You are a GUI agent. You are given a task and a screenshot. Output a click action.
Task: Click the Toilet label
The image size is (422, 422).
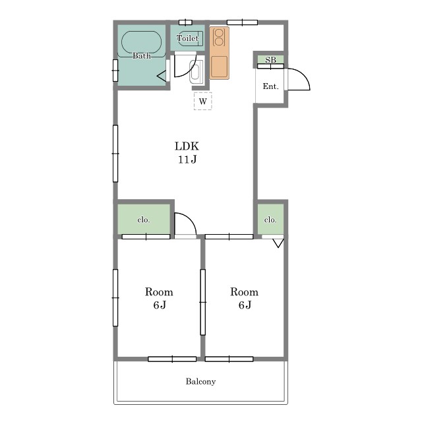click(x=187, y=38)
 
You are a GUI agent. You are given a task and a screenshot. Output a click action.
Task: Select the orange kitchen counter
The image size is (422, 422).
click(x=220, y=53)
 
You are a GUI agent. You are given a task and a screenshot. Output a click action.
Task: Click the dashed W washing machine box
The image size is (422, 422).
click(x=203, y=101)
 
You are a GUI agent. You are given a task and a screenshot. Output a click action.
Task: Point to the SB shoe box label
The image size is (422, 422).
click(x=270, y=59)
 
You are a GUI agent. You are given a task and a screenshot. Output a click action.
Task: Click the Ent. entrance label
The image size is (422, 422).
click(x=270, y=86)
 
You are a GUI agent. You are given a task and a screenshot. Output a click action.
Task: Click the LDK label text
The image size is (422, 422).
click(x=187, y=146)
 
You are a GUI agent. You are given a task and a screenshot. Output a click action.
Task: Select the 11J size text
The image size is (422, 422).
click(x=187, y=160)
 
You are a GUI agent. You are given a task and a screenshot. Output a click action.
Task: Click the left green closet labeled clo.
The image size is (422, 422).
click(x=144, y=219)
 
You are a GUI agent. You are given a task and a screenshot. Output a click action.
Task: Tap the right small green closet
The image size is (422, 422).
click(x=270, y=219)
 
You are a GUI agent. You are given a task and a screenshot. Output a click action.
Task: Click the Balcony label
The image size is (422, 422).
click(x=200, y=381)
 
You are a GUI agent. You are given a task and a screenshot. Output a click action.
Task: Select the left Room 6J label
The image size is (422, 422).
click(x=159, y=298)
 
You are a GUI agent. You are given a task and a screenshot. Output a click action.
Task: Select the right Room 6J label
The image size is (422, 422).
click(x=245, y=298)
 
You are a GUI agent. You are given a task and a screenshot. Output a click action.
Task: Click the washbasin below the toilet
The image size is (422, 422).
click(x=196, y=71)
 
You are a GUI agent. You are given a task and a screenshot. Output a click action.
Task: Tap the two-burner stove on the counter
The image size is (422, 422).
click(x=220, y=38)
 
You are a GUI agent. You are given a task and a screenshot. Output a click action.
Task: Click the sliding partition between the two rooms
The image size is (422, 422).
click(x=203, y=302)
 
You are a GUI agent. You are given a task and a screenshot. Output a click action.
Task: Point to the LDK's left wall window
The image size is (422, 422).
click(x=115, y=154)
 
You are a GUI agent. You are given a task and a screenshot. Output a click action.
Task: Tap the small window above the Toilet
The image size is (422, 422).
click(x=185, y=22)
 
